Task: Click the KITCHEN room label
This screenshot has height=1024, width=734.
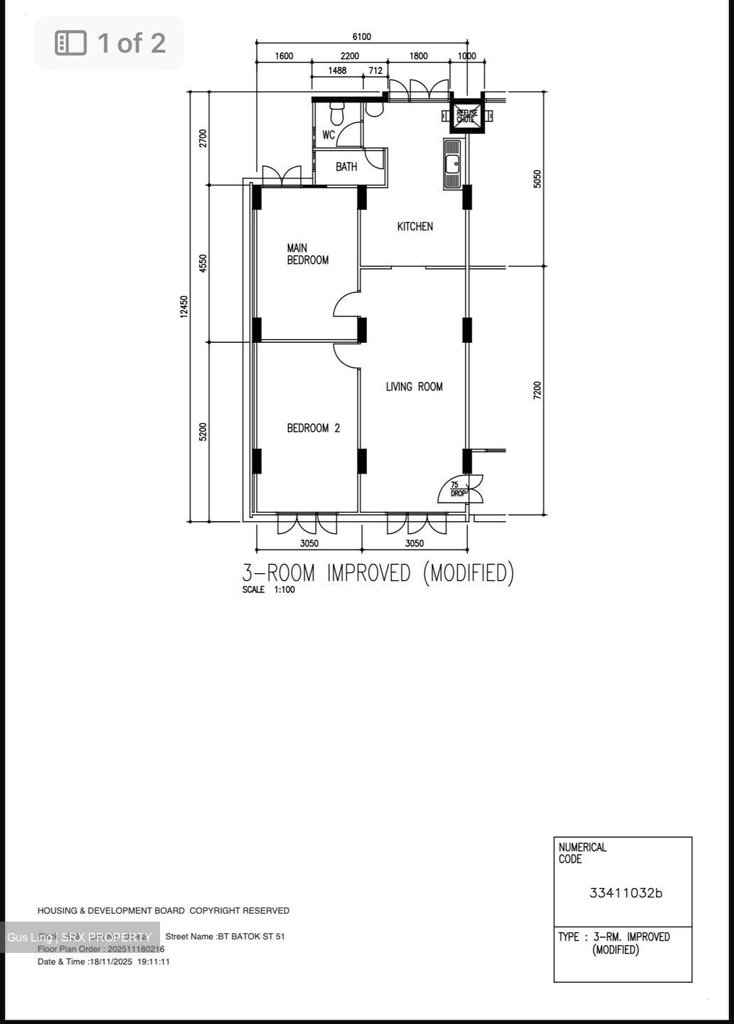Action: click(x=415, y=226)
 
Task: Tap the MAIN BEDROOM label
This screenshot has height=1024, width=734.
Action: click(x=307, y=254)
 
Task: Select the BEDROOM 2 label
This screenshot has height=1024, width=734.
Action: click(x=313, y=428)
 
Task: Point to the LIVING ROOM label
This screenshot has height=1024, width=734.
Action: click(x=414, y=387)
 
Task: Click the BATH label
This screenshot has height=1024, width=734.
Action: click(x=346, y=167)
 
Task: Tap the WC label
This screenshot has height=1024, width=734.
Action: click(x=329, y=134)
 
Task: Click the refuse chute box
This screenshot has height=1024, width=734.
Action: click(x=467, y=117)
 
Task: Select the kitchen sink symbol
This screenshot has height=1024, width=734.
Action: click(x=452, y=164)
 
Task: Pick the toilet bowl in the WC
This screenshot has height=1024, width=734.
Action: click(x=337, y=112)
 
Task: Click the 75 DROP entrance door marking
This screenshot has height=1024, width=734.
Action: click(x=458, y=489)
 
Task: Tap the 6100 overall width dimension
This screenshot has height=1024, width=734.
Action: click(x=361, y=37)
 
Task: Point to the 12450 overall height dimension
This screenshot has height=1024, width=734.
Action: click(x=184, y=306)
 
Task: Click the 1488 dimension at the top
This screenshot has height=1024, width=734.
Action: click(x=337, y=70)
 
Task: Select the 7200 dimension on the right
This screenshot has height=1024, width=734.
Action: click(x=538, y=390)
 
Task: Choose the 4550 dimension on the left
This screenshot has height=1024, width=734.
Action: click(x=203, y=263)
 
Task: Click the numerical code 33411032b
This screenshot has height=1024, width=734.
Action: click(x=625, y=893)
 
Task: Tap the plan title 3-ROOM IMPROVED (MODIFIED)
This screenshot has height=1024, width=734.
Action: click(x=378, y=573)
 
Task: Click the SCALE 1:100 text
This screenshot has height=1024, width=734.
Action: click(x=268, y=590)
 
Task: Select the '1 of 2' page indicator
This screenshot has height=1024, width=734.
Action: click(x=110, y=43)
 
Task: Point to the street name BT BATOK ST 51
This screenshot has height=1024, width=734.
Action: click(x=225, y=937)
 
